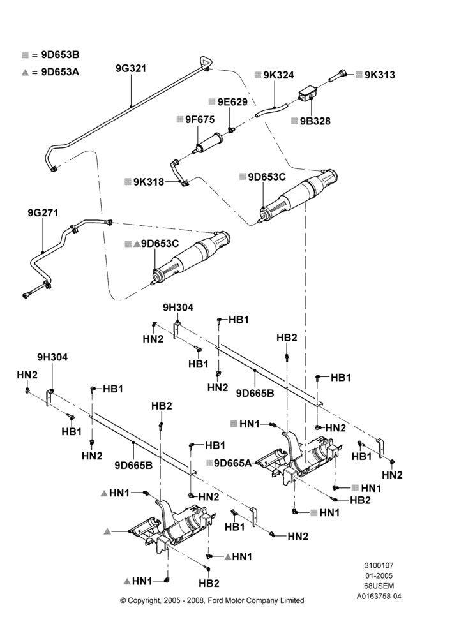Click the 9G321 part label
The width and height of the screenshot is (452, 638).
click(x=131, y=68)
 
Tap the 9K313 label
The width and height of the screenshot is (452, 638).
click(x=379, y=75)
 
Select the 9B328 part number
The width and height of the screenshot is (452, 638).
click(x=315, y=121)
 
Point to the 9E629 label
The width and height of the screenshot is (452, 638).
click(x=232, y=101)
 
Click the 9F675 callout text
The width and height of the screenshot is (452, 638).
click(x=200, y=120)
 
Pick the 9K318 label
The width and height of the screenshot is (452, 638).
click(x=149, y=182)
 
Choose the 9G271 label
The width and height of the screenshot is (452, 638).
click(x=43, y=213)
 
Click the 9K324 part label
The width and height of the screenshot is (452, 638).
click(x=278, y=75)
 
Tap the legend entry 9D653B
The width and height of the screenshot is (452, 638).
click(x=60, y=54)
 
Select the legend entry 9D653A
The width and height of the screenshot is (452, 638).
click(x=60, y=72)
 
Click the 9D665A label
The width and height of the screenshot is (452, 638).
click(x=233, y=463)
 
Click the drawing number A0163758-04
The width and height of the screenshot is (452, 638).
click(x=379, y=597)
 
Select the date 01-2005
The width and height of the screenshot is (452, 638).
click(x=379, y=575)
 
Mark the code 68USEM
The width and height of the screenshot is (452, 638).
click(x=379, y=586)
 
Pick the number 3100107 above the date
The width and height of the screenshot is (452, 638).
click(x=379, y=565)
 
